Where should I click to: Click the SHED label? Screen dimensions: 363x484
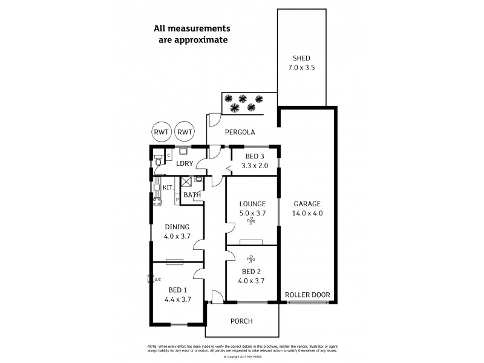pyautogui.click(x=301, y=58)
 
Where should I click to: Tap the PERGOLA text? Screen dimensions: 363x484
pyautogui.click(x=240, y=132)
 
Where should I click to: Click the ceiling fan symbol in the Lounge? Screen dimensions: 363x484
pyautogui.click(x=251, y=221)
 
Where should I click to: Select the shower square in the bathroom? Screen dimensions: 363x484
pyautogui.click(x=187, y=181)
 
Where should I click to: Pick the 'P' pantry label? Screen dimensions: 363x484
pyautogui.click(x=177, y=199)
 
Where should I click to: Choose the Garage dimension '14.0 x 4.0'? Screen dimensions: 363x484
pyautogui.click(x=307, y=214)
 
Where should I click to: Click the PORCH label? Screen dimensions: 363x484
pyautogui.click(x=242, y=321)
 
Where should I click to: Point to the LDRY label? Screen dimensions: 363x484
pyautogui.click(x=184, y=163)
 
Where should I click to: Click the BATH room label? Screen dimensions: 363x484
pyautogui.click(x=192, y=195)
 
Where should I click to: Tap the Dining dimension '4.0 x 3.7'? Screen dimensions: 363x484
pyautogui.click(x=177, y=236)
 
